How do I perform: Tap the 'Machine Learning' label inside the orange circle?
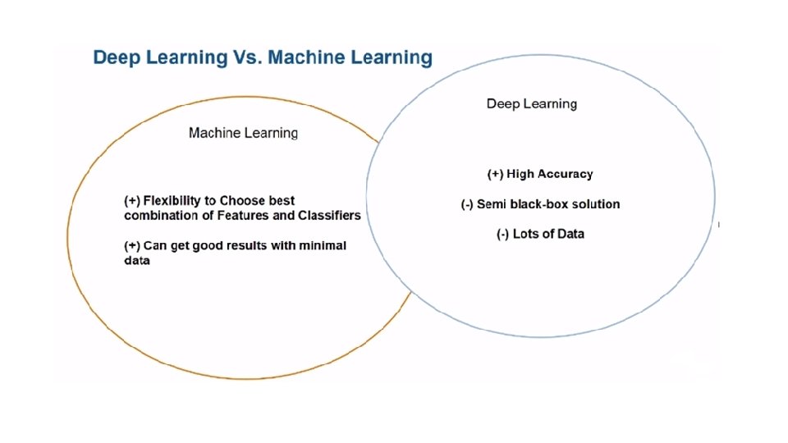point(243,133)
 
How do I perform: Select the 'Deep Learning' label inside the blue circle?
point(531,103)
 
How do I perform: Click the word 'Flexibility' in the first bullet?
point(172,201)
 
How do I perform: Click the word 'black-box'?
point(538,204)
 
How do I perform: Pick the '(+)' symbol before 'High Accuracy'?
point(495,174)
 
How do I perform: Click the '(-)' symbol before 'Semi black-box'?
point(467,204)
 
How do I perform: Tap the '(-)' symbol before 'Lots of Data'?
point(503,234)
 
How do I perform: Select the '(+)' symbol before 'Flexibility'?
point(132,201)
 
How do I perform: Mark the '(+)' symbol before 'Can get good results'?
point(132,246)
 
